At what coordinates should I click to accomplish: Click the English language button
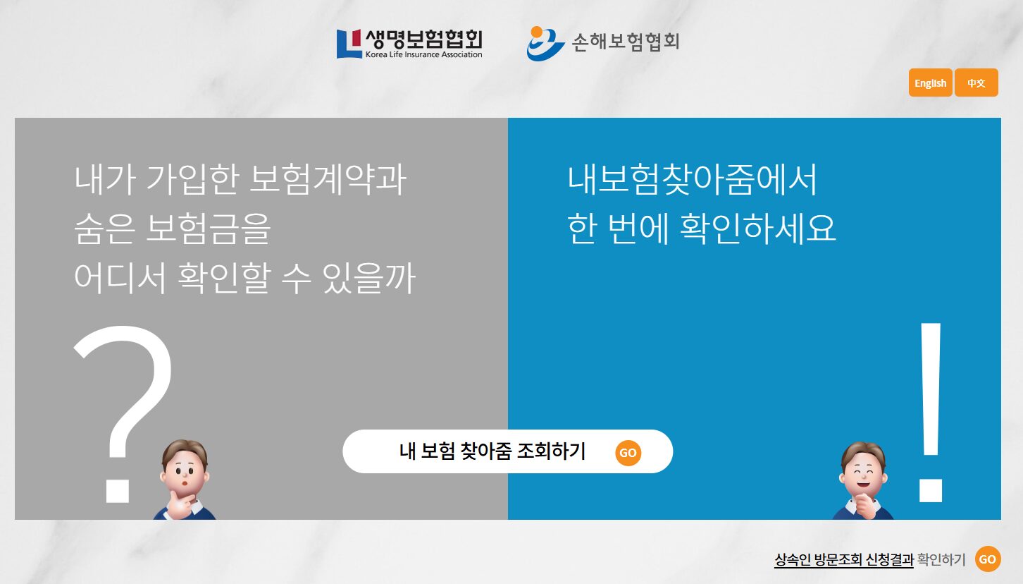pos(930,83)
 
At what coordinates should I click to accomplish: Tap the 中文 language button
pos(976,83)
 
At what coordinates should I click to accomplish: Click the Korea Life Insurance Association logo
pos(409,44)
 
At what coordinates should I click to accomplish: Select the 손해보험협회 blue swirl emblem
pos(545,44)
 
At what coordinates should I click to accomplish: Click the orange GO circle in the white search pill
pos(628,453)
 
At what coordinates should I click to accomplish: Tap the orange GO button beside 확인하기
pos(987,559)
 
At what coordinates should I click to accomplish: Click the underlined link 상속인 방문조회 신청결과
pos(843,559)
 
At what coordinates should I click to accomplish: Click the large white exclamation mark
pos(931,412)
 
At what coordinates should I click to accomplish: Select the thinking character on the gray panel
pos(185,480)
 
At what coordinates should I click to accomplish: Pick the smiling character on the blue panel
pos(863,480)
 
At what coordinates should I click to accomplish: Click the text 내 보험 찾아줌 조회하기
pos(492,451)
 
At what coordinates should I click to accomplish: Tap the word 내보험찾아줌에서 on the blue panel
pos(692,179)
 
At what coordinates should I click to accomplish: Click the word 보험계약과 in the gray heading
pos(328,179)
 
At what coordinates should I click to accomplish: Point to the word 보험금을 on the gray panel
pos(209,229)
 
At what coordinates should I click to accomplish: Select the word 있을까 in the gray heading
pos(369,278)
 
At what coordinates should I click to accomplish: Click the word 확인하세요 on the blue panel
pos(758,229)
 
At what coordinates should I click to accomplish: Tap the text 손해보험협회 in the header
pos(626,42)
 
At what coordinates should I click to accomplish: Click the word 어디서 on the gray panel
pos(120,278)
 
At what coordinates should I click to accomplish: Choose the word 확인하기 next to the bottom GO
pos(941,559)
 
